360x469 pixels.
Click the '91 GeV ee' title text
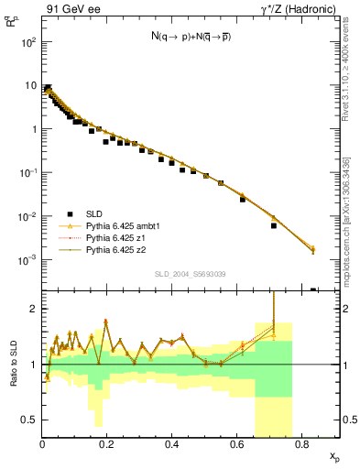coord(73,10)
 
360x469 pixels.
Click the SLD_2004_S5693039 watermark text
coord(191,274)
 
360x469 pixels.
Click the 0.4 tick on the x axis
coord(171,444)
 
